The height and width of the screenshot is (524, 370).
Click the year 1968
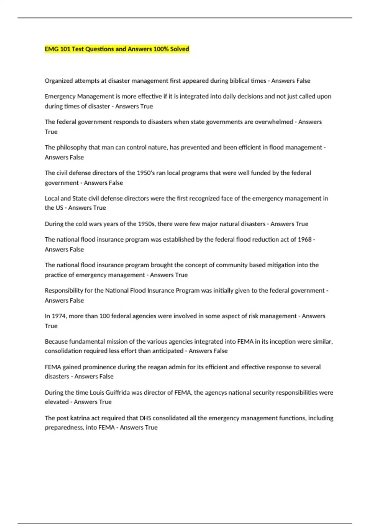305,239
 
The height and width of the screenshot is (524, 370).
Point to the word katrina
81,418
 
